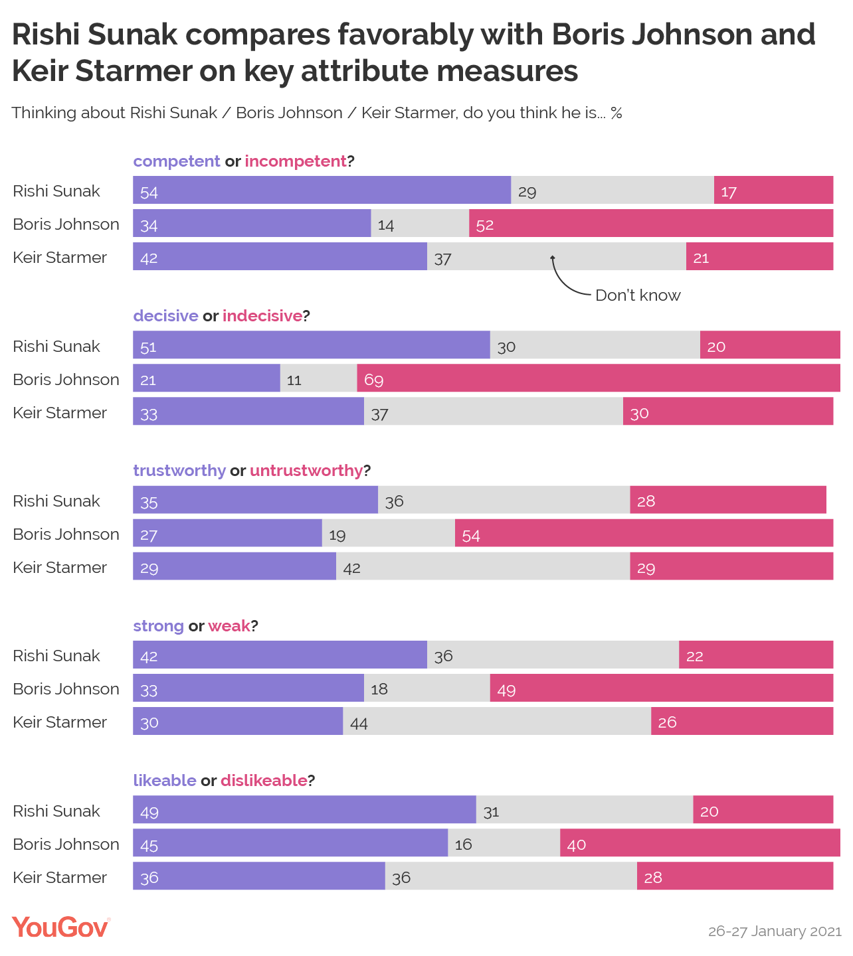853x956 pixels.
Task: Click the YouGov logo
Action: [60, 927]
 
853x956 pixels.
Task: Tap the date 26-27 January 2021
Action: [775, 931]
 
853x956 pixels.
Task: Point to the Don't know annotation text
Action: [638, 295]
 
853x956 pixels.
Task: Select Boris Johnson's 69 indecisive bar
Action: [598, 378]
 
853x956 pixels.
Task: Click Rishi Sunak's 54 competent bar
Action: [322, 191]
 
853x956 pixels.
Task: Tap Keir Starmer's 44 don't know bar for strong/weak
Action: [497, 722]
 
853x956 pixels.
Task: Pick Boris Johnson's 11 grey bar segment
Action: [318, 378]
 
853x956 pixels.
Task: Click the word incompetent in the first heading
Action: [296, 161]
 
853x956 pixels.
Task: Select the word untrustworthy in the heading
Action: [306, 471]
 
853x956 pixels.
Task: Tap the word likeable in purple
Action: [165, 781]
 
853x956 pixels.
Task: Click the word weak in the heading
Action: [229, 626]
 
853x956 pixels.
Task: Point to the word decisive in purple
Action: [166, 316]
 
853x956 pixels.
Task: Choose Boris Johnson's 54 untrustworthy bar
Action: [644, 534]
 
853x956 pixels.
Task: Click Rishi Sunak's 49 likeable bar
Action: [304, 811]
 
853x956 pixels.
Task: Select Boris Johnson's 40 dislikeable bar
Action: [700, 844]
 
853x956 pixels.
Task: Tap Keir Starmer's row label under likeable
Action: [60, 878]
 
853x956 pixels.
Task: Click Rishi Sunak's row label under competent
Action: [56, 191]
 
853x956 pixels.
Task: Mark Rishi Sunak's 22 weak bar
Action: [756, 655]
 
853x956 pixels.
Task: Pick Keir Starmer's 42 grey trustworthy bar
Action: [483, 567]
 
